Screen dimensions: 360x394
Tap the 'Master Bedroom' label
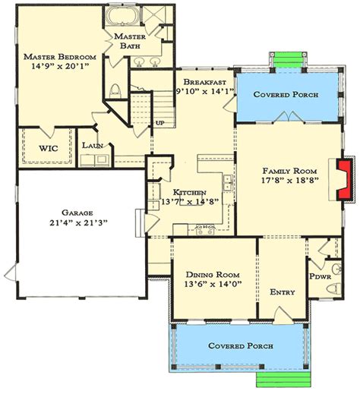60,57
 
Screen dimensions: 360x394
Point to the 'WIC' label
49,148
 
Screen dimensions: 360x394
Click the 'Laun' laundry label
93,146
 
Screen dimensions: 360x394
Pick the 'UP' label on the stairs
160,123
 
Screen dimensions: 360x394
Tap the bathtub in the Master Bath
122,15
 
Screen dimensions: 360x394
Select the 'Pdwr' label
321,276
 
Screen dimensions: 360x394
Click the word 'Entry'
283,292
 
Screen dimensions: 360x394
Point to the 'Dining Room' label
213,275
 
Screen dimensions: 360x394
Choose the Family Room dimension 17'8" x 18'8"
289,180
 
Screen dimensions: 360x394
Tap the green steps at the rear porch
289,60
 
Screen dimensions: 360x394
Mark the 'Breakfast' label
204,82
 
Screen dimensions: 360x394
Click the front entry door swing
283,315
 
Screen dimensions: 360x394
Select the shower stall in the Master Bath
153,16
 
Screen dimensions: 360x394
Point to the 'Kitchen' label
189,192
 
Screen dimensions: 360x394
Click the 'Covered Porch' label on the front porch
241,346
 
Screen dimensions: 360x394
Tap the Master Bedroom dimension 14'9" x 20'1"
60,66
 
